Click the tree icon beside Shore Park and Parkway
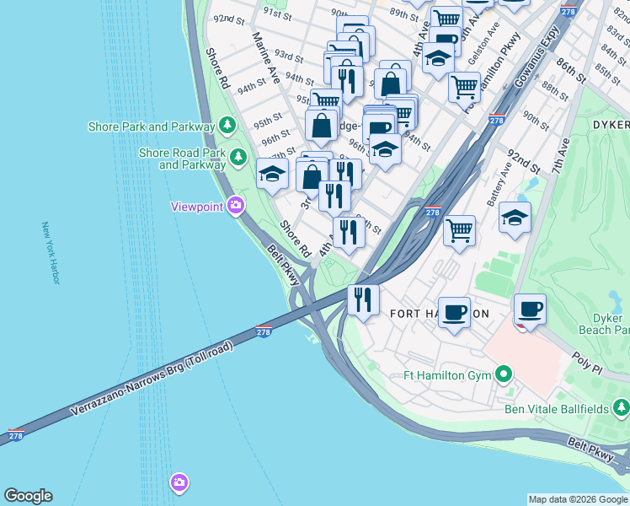(x=227, y=126)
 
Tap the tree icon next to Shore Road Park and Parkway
(x=239, y=156)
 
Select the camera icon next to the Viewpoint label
(x=236, y=205)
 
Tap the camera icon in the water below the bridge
(x=179, y=483)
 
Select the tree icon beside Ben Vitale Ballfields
(x=620, y=409)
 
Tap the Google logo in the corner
(x=28, y=496)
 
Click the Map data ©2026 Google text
(x=579, y=499)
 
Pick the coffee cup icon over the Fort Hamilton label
(x=455, y=311)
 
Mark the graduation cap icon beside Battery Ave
(x=515, y=218)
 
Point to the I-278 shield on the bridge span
(x=264, y=332)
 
